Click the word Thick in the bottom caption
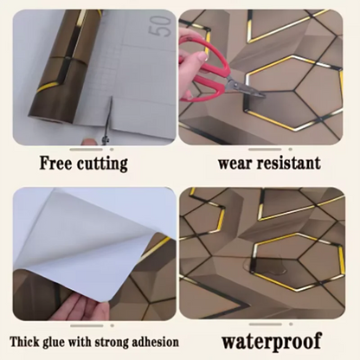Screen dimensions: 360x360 click(28, 340)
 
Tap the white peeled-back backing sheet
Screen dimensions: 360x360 click(69, 234)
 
